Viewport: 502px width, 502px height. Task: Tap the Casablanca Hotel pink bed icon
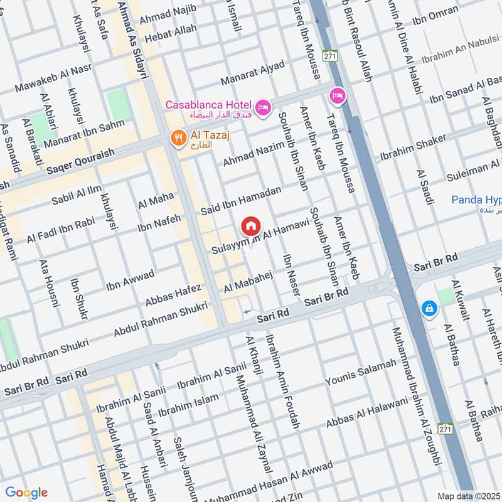[x=264, y=108]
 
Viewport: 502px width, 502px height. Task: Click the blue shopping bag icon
[x=430, y=308]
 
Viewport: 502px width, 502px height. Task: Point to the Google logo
[x=26, y=493]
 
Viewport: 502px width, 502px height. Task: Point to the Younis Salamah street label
[x=361, y=373]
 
